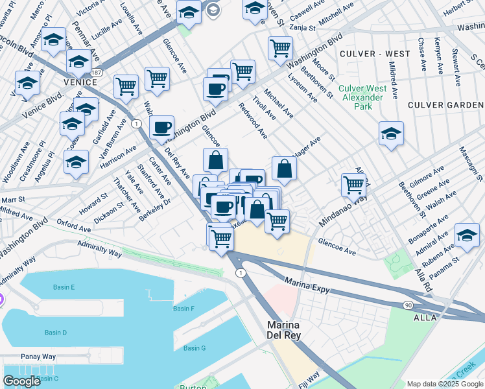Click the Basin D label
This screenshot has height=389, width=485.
(x=56, y=333)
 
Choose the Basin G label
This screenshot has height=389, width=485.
(x=194, y=348)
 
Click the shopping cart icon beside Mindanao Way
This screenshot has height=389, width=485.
(x=353, y=184)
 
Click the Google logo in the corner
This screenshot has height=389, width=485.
(x=21, y=381)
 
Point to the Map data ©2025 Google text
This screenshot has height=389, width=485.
(x=445, y=384)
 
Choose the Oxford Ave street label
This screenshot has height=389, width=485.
(x=73, y=226)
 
